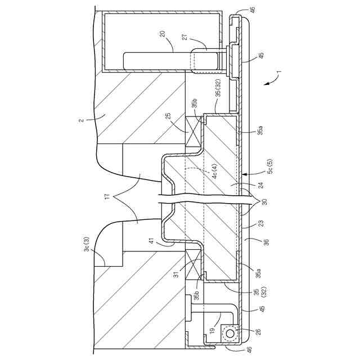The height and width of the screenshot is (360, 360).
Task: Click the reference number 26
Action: tap(258, 332)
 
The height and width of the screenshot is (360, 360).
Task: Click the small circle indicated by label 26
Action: tap(229, 333)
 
